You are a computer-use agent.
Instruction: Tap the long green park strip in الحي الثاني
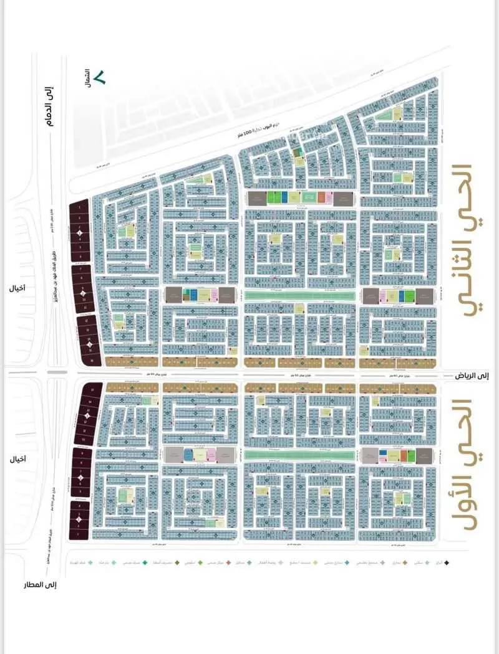pos(300,296)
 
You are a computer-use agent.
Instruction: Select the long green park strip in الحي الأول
pos(300,455)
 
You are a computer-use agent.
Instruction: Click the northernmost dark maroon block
pos(80,231)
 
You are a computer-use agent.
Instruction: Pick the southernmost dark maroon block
pos(80,520)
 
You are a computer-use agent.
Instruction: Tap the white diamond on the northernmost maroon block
pos(80,233)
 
